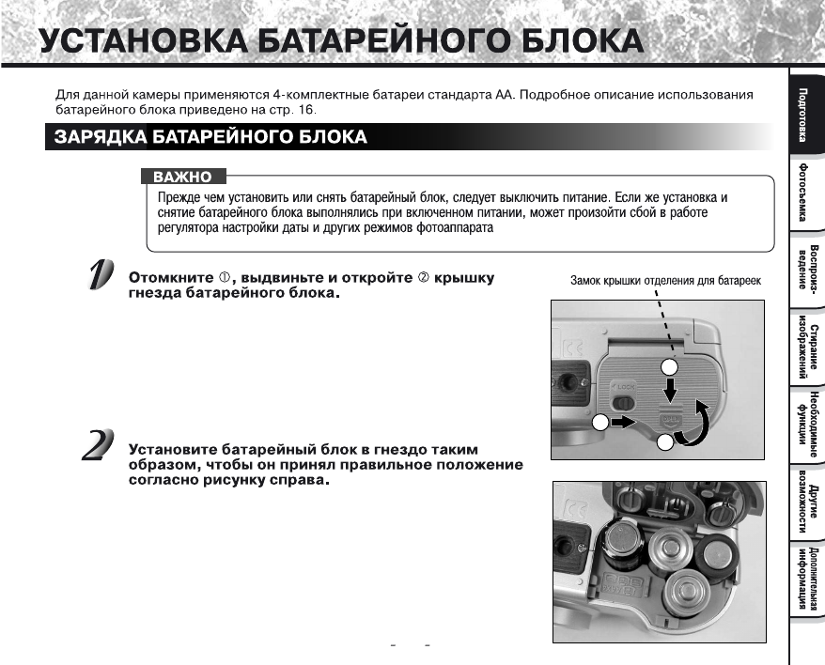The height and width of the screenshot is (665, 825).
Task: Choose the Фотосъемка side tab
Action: click(x=805, y=193)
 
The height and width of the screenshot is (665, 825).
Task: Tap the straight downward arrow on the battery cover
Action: click(x=671, y=388)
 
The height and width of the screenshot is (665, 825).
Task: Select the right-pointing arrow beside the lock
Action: click(x=621, y=424)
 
